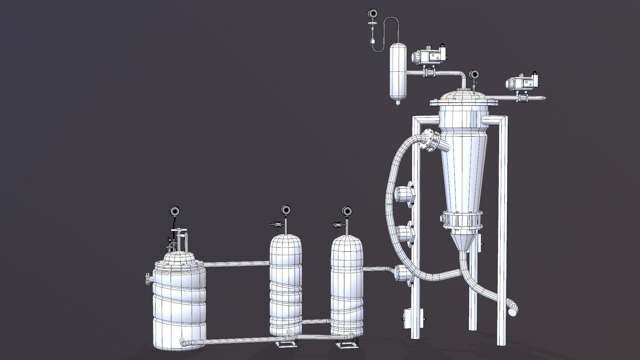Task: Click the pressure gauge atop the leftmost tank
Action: pos(175,211)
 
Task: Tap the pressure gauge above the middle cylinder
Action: pos(285,210)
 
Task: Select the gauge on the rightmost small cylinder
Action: pos(347,211)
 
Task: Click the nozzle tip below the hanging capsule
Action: pos(398,103)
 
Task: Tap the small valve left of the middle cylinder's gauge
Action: pos(275,225)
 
